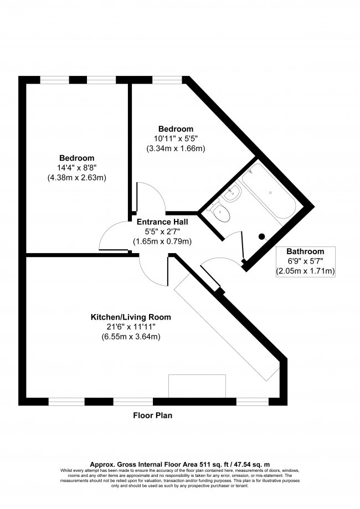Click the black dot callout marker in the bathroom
coord(262,236)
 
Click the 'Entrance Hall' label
coord(162,222)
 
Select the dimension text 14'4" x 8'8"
coord(77,168)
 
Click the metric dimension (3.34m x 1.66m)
coord(176,148)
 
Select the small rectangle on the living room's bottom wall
coord(197,385)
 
